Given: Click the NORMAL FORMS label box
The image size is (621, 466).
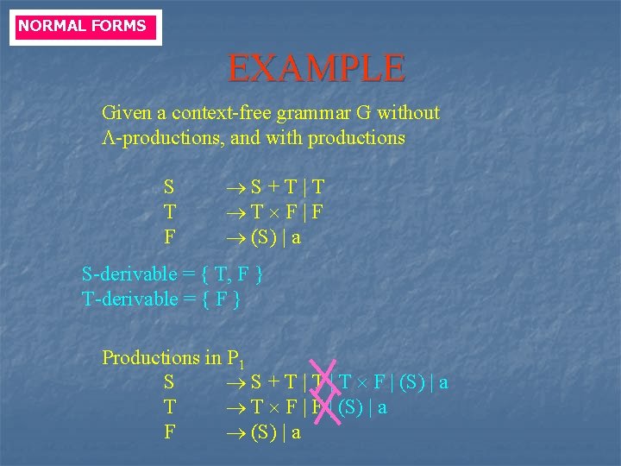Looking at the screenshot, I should point(84,26).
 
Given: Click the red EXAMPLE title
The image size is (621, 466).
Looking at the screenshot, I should point(316,67).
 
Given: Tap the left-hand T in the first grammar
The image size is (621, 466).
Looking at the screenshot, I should point(169,212).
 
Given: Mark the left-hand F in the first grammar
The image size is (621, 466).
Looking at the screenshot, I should point(169,237).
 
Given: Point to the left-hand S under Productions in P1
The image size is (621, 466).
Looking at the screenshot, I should point(169,382).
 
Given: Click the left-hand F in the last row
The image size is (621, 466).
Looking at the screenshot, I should point(169,432).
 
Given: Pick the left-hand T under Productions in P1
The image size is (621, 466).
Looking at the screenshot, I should point(169,407).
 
